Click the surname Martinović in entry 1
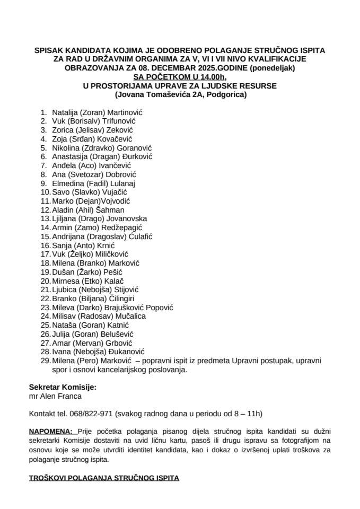tap(126, 112)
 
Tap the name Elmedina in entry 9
tap(68, 183)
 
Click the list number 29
tap(45, 361)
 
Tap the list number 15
tap(45, 236)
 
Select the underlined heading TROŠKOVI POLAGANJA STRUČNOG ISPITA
tap(104, 478)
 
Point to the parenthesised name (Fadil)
tap(97, 183)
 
